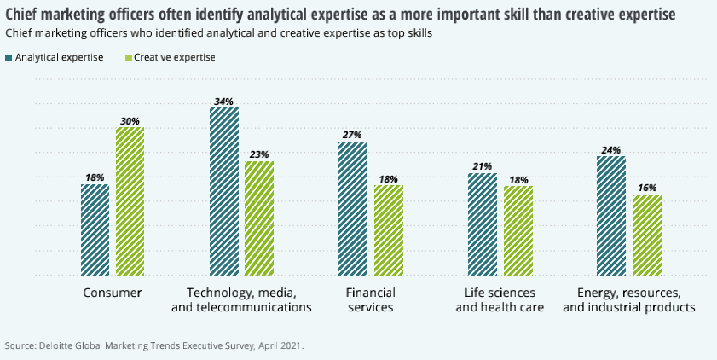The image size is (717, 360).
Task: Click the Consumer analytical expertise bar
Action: [95, 229]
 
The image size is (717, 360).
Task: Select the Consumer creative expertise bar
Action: [130, 201]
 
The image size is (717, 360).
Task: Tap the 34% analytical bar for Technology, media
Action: [224, 191]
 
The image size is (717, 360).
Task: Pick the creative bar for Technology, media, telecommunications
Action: [258, 218]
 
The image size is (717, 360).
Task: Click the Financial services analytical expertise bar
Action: [353, 208]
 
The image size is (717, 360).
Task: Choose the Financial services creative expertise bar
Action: [388, 230]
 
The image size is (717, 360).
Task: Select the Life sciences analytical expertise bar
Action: [483, 224]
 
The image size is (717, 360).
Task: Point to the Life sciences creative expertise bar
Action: [518, 230]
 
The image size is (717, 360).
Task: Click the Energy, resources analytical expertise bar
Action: [611, 216]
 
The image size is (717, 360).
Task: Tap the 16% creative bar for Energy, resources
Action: [647, 235]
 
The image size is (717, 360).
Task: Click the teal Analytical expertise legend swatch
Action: [9, 58]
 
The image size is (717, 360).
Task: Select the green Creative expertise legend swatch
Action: [130, 58]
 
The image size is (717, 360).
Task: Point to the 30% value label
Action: [130, 120]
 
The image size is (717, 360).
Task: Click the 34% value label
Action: [224, 101]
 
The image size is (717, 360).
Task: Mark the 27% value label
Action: [353, 135]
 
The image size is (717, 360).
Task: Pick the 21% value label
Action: [483, 166]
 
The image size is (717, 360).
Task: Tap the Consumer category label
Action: [112, 292]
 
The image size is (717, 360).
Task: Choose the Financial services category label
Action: [370, 299]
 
